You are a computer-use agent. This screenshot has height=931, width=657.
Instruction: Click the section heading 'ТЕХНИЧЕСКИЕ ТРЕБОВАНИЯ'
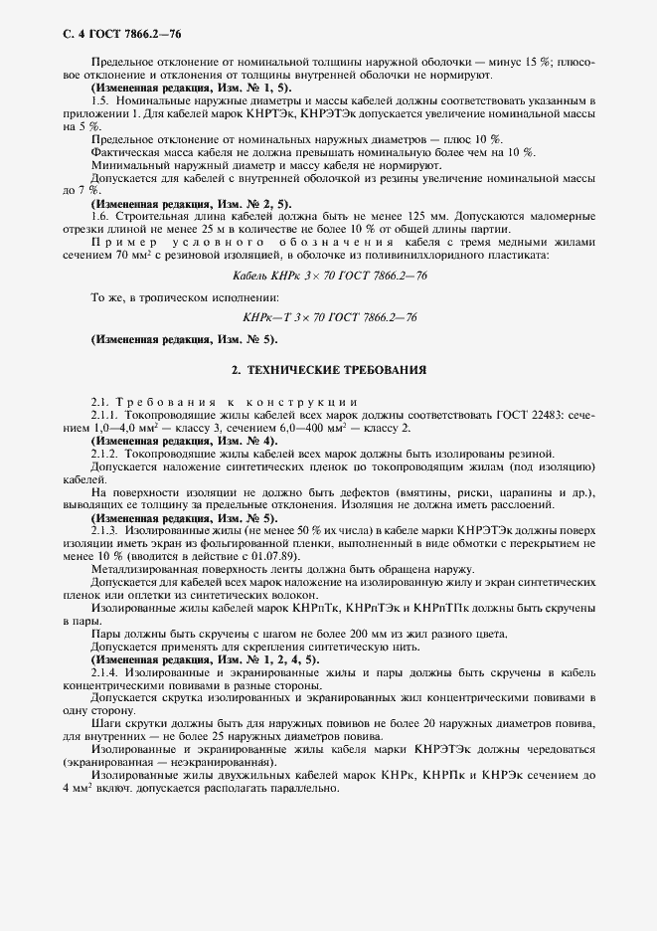(328, 369)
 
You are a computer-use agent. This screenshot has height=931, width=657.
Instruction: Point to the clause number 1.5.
(98, 101)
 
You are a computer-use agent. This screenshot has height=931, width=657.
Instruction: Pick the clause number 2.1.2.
(104, 453)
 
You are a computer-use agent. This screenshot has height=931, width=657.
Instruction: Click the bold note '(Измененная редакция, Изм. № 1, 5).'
(164, 89)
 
